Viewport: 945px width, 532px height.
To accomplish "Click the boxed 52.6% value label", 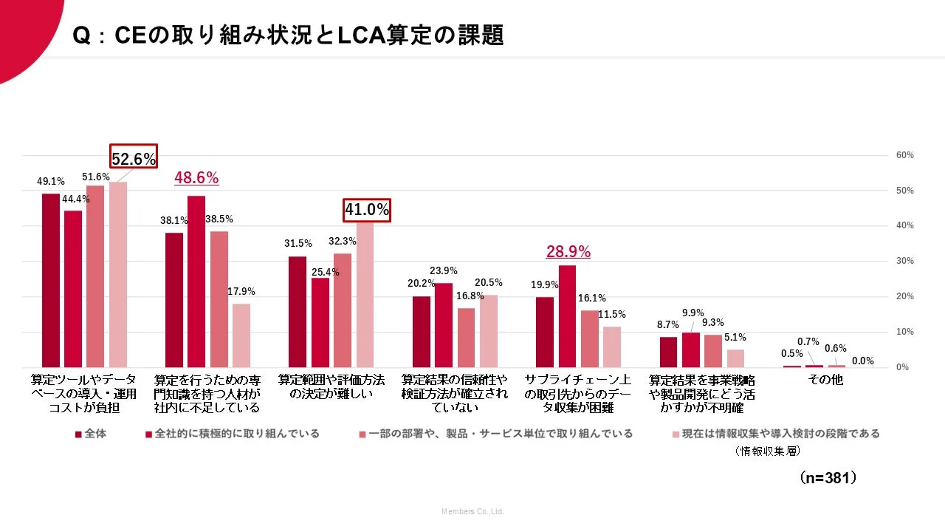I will coord(134,158).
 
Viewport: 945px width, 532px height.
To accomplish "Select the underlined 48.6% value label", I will coord(196,178).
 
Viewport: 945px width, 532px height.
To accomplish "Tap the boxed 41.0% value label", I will coord(366,210).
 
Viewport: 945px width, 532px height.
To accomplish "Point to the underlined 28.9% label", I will coord(568,252).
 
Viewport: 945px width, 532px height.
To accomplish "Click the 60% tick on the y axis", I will coord(904,155).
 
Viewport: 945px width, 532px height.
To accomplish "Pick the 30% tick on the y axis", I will coord(904,262).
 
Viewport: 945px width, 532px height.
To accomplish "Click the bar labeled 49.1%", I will coord(51,281).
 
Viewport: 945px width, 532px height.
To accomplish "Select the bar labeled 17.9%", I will coord(241,335).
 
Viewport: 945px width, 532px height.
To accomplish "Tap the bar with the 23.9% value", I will coord(444,325).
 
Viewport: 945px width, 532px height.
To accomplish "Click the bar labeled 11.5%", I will coord(612,347).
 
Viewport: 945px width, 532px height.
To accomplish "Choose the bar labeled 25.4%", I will coord(320,322).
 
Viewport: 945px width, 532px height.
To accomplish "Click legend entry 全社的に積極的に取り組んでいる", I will coord(233,434).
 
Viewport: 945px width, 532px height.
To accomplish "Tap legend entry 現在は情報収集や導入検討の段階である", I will coord(775,434).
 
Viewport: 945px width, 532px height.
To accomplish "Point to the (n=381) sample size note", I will coord(828,478).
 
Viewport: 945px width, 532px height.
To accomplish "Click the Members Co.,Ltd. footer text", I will coord(472,511).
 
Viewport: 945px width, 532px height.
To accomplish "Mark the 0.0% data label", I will coord(862,361).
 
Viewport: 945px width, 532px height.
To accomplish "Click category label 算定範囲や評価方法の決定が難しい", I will coord(331,386).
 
